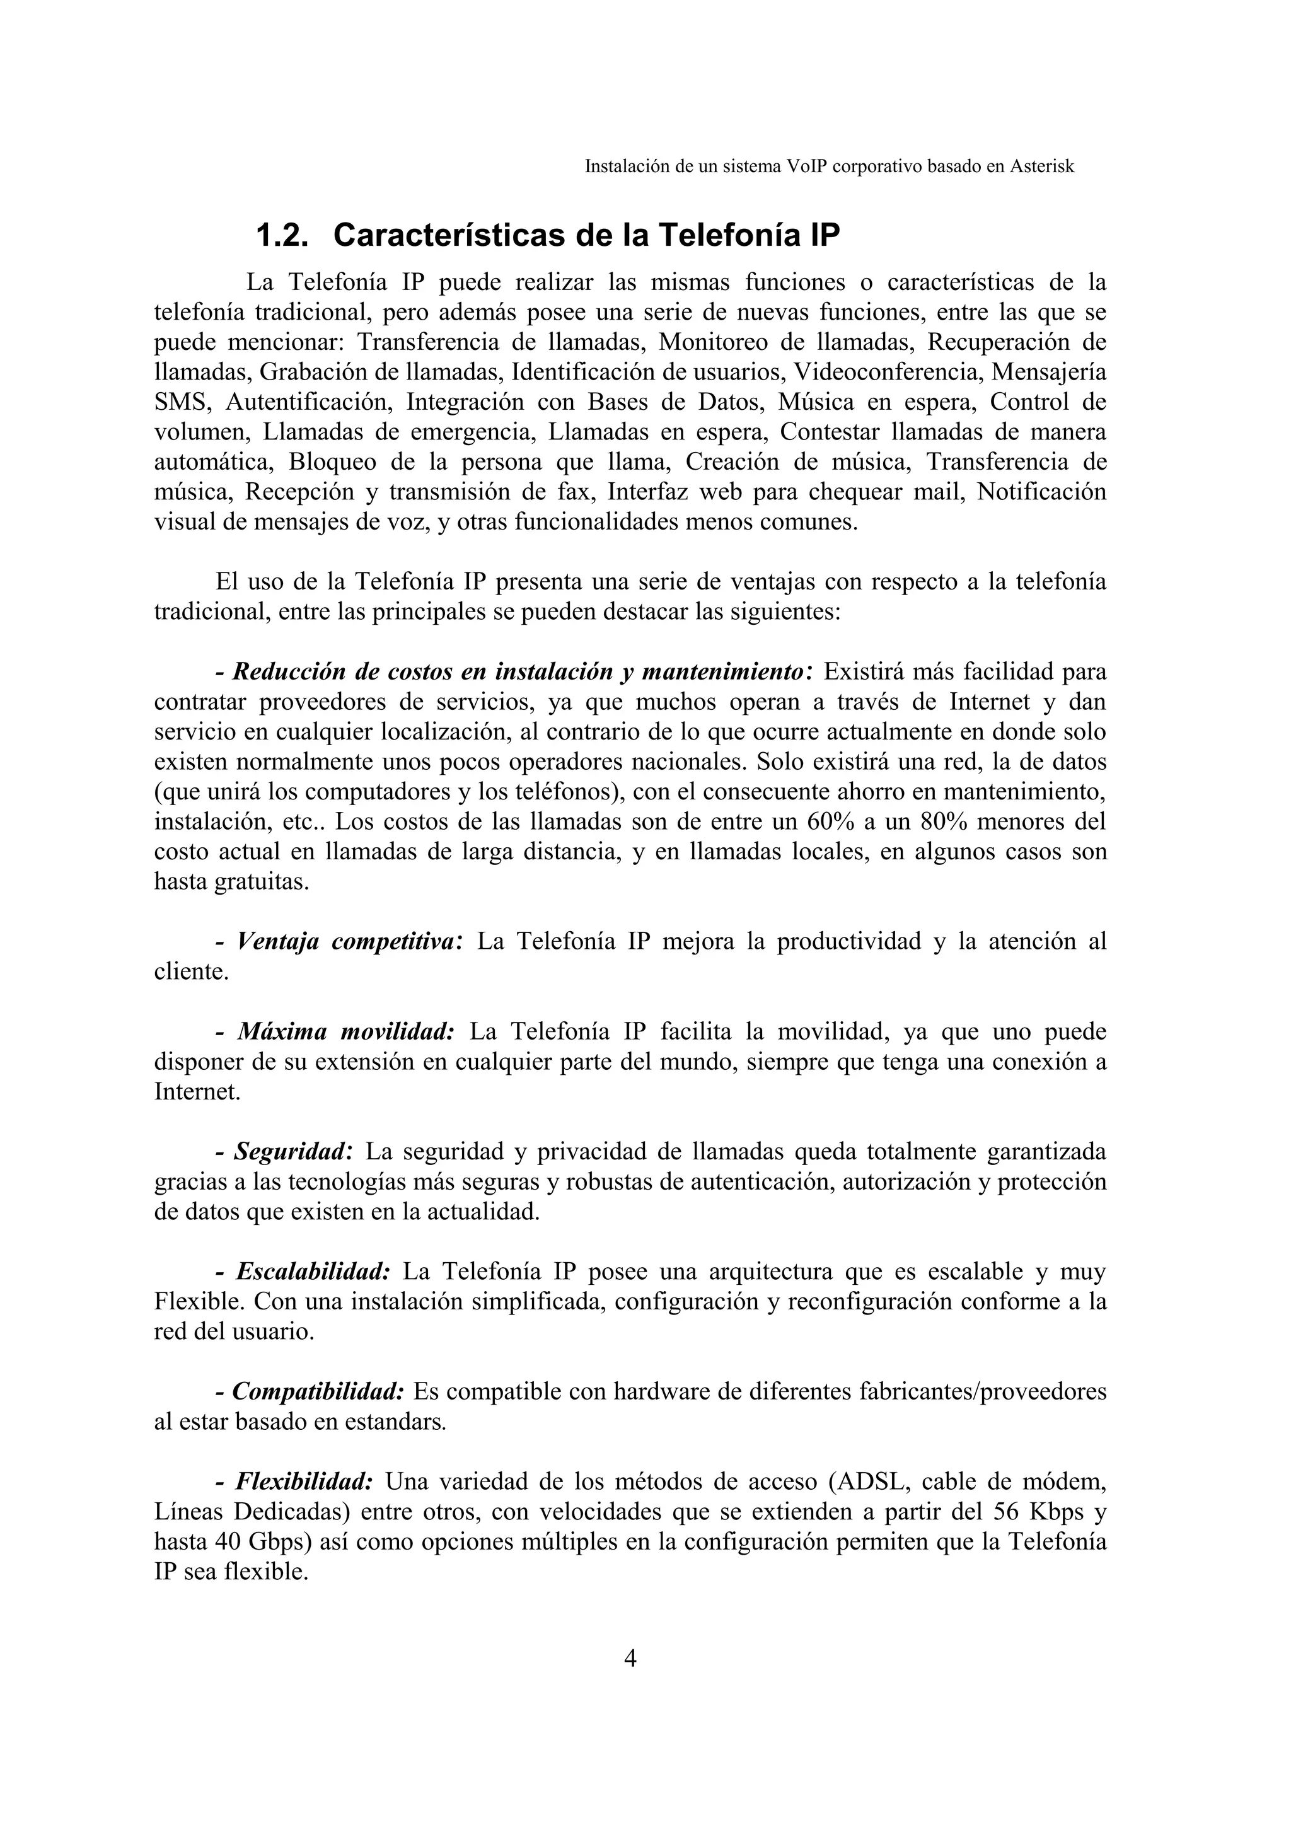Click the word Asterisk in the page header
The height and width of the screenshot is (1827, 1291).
(x=1041, y=166)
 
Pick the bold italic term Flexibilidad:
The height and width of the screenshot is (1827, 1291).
(x=304, y=1482)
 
